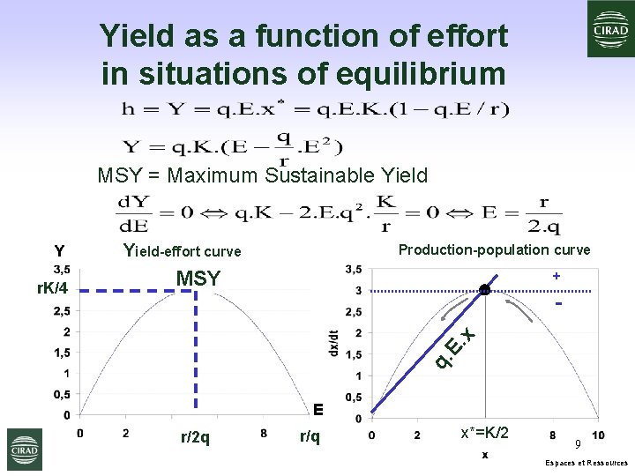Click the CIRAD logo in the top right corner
pos(611,28)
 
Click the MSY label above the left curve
pos(198,279)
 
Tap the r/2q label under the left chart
pos(195,436)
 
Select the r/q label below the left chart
pos(310,436)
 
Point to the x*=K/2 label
pos(484,433)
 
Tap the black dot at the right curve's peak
pos(484,290)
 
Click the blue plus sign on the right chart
pos(557,276)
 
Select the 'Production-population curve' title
pos(494,249)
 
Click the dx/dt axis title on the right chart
pos(332,339)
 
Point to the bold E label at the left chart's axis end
pos(318,408)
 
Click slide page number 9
pos(578,444)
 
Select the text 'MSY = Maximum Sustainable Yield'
pos(262,175)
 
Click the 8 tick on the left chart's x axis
pos(263,433)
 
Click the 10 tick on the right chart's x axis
pos(599,435)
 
